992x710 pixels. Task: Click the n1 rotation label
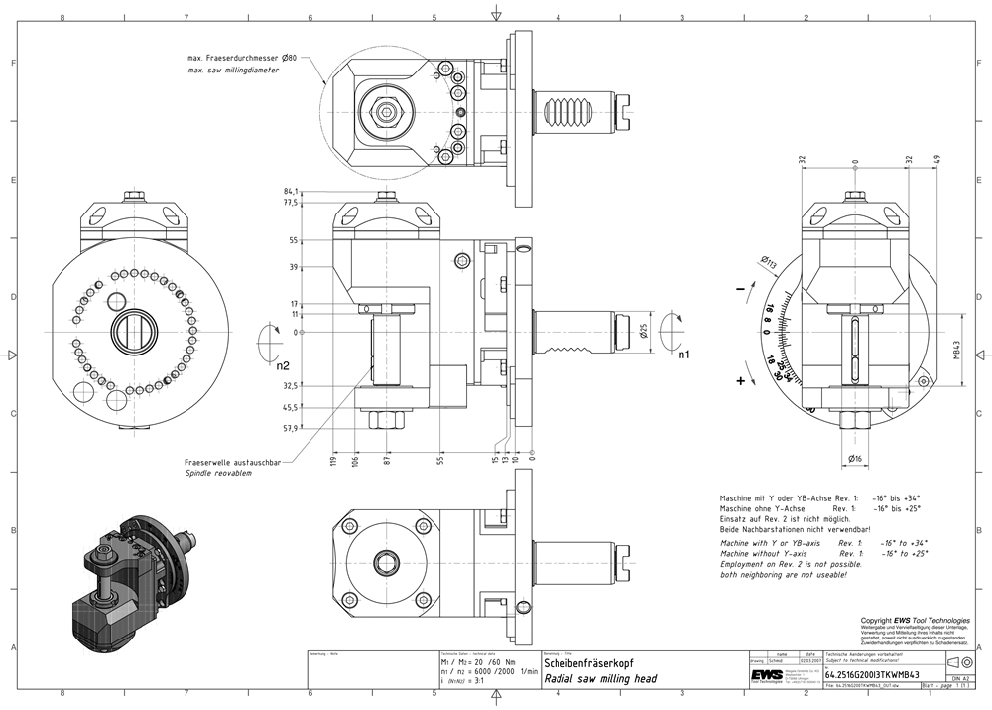[683, 354]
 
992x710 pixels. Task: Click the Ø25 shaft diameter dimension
[645, 331]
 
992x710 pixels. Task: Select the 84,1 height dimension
[291, 191]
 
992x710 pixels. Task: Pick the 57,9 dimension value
[291, 428]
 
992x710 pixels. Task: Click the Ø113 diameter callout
[769, 262]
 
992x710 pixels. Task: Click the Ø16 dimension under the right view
[855, 458]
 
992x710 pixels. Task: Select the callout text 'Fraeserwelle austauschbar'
[232, 463]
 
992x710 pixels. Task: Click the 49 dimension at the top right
[936, 161]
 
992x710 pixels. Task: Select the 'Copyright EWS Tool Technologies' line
[914, 620]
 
